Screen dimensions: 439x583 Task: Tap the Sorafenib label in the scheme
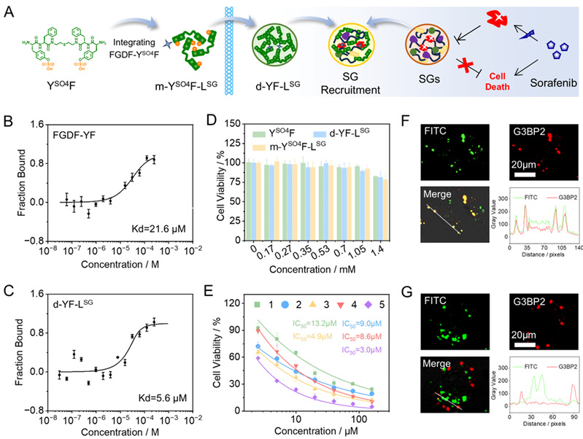coord(546,82)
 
